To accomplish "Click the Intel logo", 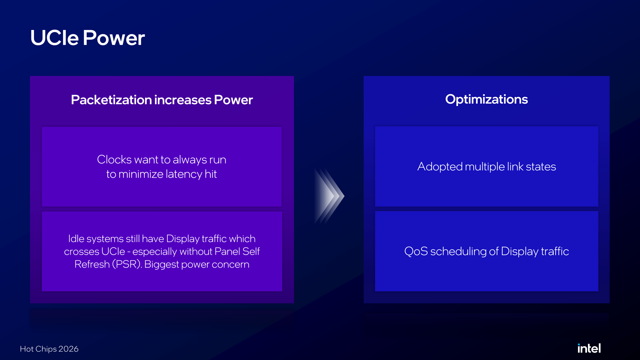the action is point(589,348).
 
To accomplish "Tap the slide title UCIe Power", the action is point(87,38).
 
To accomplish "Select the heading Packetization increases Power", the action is point(162,100).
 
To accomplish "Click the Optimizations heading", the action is point(486,99).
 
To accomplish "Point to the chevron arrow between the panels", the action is point(329,196).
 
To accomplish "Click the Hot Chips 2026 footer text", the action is point(49,349).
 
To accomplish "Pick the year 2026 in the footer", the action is point(68,349).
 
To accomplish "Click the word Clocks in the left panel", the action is point(114,160).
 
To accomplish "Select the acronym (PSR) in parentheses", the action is point(127,264).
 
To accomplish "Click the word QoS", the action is point(416,251).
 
